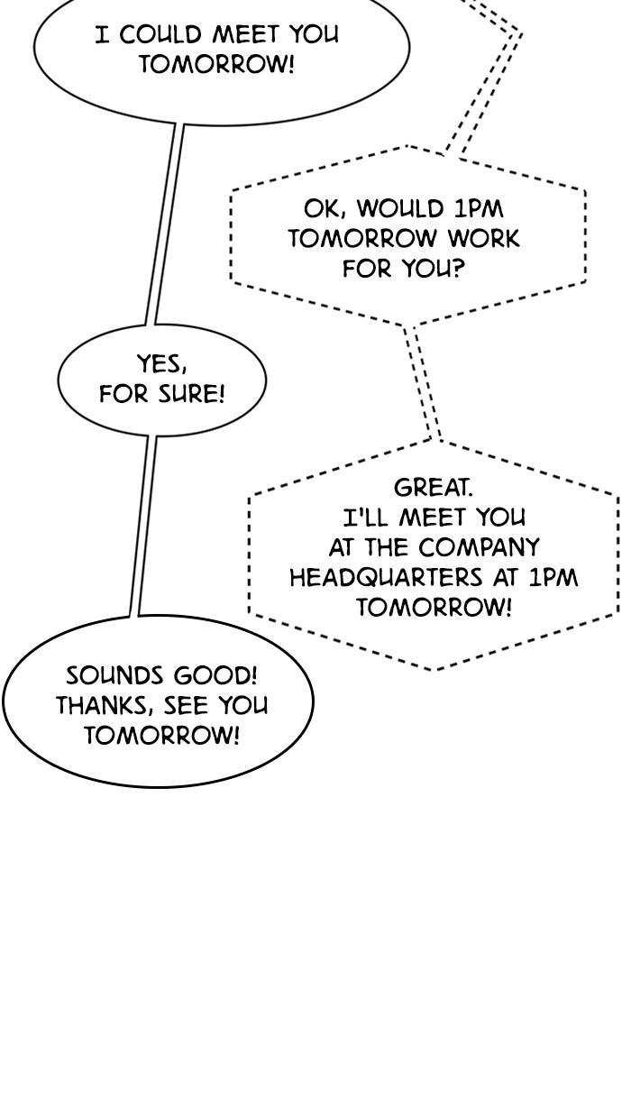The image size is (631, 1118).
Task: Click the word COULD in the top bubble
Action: point(160,34)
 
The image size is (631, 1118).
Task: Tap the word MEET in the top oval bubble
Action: point(245,34)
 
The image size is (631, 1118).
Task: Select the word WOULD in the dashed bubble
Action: point(400,208)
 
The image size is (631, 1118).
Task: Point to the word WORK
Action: point(483,239)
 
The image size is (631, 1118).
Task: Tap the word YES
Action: point(162,364)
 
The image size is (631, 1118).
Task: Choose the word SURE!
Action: point(192,394)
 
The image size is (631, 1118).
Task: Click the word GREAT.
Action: point(433,487)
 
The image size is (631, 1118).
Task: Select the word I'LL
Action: point(365,518)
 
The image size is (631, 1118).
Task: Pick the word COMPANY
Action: point(479,547)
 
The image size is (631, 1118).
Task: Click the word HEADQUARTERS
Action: point(386,577)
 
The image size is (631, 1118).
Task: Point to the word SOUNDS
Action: point(114,675)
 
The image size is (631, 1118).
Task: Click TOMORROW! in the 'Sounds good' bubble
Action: point(161,735)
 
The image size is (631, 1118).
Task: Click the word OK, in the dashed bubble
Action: point(325,208)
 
